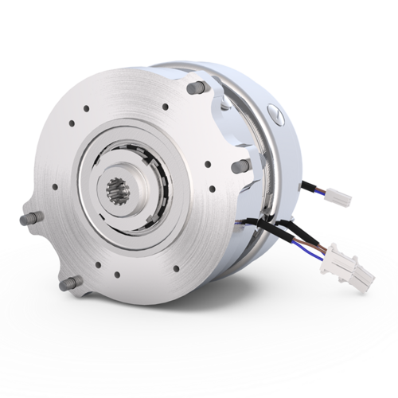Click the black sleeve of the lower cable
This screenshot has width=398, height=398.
(x=263, y=226)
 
